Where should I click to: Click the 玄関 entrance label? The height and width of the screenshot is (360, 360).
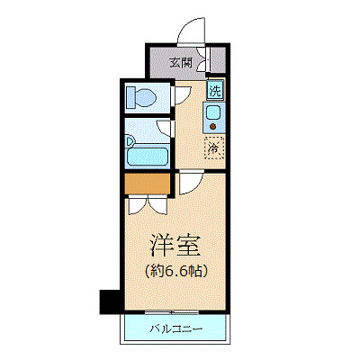coord(181,63)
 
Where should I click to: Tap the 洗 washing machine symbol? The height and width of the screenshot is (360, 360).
coord(215,90)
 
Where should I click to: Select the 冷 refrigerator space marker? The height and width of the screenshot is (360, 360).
coord(214,146)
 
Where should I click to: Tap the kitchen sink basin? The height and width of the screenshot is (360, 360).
coord(214,114)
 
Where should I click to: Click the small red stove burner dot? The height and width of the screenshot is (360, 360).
coord(214,128)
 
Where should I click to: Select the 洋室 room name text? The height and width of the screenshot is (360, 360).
coord(174,246)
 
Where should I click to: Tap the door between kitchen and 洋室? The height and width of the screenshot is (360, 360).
coord(191,184)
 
